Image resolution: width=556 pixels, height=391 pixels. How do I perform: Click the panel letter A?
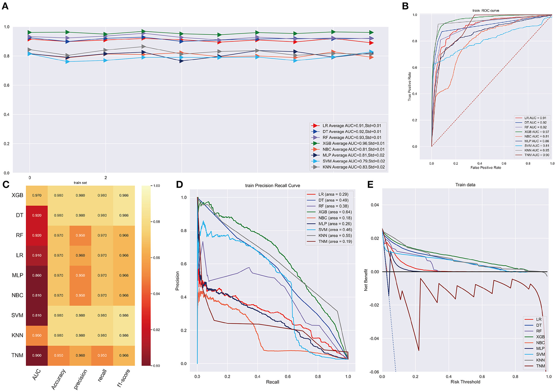pyautogui.click(x=5, y=6)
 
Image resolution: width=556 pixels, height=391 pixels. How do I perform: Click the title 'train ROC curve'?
pyautogui.click(x=486, y=11)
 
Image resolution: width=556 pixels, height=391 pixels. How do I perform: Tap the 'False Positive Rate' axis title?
pyautogui.click(x=486, y=168)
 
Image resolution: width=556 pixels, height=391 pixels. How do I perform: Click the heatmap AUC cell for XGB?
pyautogui.click(x=37, y=195)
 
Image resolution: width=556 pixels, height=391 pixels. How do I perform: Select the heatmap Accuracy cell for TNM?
pyautogui.click(x=58, y=356)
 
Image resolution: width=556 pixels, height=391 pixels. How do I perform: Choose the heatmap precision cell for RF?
pyautogui.click(x=80, y=235)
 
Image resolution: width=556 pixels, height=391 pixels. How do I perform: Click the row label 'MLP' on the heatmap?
pyautogui.click(x=18, y=275)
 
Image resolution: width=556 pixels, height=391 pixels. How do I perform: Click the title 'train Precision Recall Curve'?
pyautogui.click(x=272, y=185)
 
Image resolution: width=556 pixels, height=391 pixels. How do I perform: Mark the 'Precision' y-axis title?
pyautogui.click(x=177, y=281)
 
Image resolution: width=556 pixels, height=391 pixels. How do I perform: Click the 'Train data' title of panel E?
pyautogui.click(x=465, y=185)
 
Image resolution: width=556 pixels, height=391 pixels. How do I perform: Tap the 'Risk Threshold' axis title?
pyautogui.click(x=465, y=382)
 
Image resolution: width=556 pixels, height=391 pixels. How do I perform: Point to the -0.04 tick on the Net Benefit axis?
pyautogui.click(x=374, y=339)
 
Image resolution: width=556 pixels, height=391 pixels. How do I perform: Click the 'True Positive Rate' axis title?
pyautogui.click(x=409, y=86)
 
